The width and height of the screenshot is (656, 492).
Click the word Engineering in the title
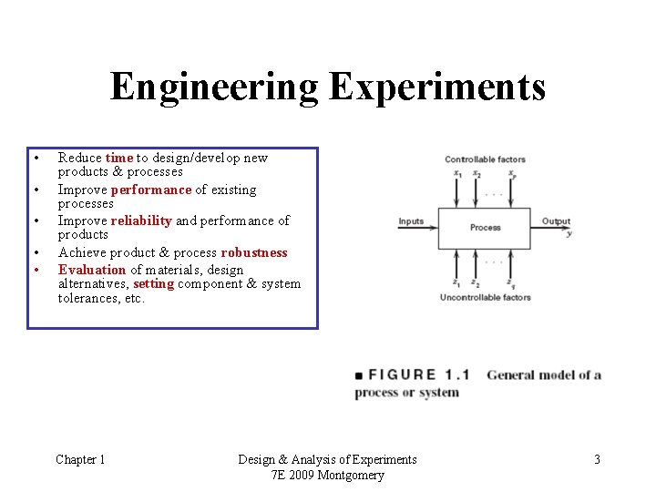coord(214,88)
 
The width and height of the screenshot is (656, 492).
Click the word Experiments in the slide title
coord(437,88)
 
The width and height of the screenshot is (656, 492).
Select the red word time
coord(119,158)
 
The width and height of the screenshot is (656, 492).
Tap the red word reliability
coord(141,220)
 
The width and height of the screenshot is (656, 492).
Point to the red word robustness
coord(254,252)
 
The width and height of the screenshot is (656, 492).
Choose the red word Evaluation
coord(92,270)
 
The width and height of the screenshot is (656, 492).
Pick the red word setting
coord(153,283)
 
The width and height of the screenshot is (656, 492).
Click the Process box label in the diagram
coord(486,227)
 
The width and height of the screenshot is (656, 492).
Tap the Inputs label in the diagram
coord(411,221)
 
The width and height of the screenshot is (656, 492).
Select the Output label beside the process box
coord(556,221)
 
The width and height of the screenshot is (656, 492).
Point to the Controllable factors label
coord(485,159)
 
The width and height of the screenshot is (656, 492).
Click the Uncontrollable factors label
coord(485,297)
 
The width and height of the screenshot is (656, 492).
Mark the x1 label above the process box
coord(457,174)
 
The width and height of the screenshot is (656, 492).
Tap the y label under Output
coord(569,234)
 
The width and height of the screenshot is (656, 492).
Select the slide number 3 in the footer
coord(597,459)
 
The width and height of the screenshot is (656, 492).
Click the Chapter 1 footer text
coord(80,459)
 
